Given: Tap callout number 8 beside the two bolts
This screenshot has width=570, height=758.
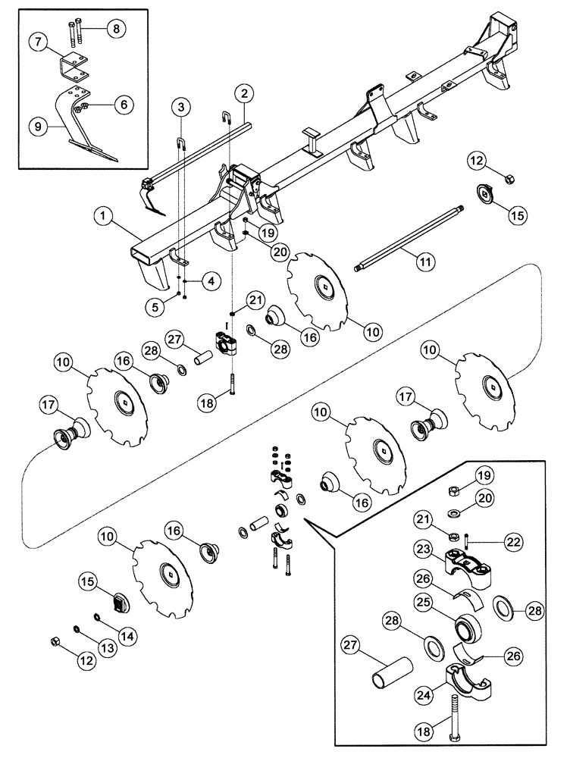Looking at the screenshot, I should (115, 30).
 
